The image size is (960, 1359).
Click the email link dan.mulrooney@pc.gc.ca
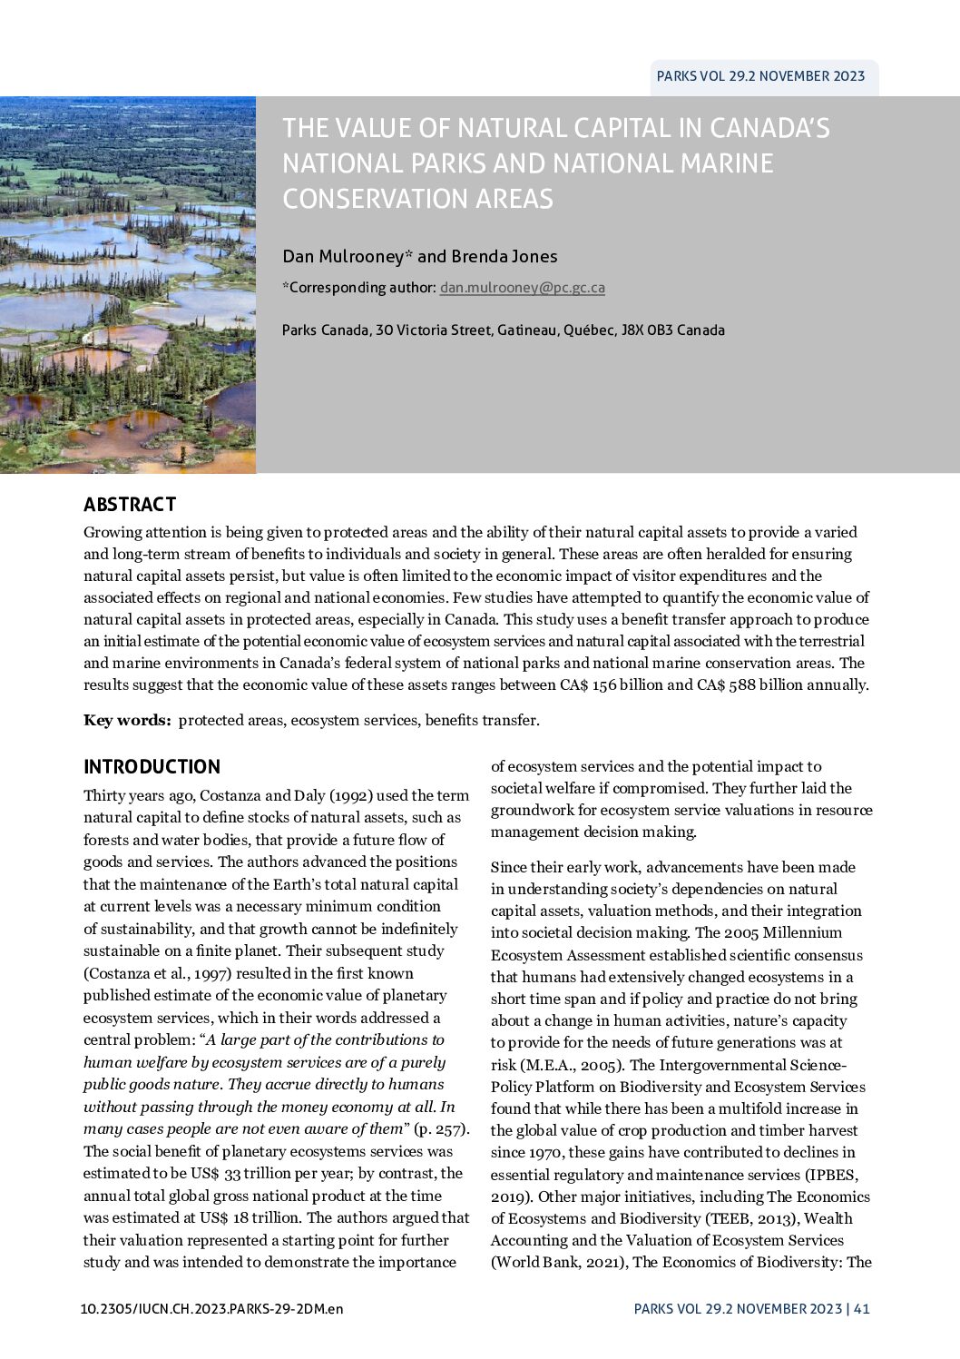point(522,288)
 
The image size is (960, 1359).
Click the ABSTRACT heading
point(130,505)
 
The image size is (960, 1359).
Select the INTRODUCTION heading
point(152,767)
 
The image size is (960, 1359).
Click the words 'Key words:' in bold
point(127,721)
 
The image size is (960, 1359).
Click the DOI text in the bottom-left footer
point(211,1309)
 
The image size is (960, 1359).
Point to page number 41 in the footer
point(861,1309)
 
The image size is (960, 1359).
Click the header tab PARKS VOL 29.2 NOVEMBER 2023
point(760,76)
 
